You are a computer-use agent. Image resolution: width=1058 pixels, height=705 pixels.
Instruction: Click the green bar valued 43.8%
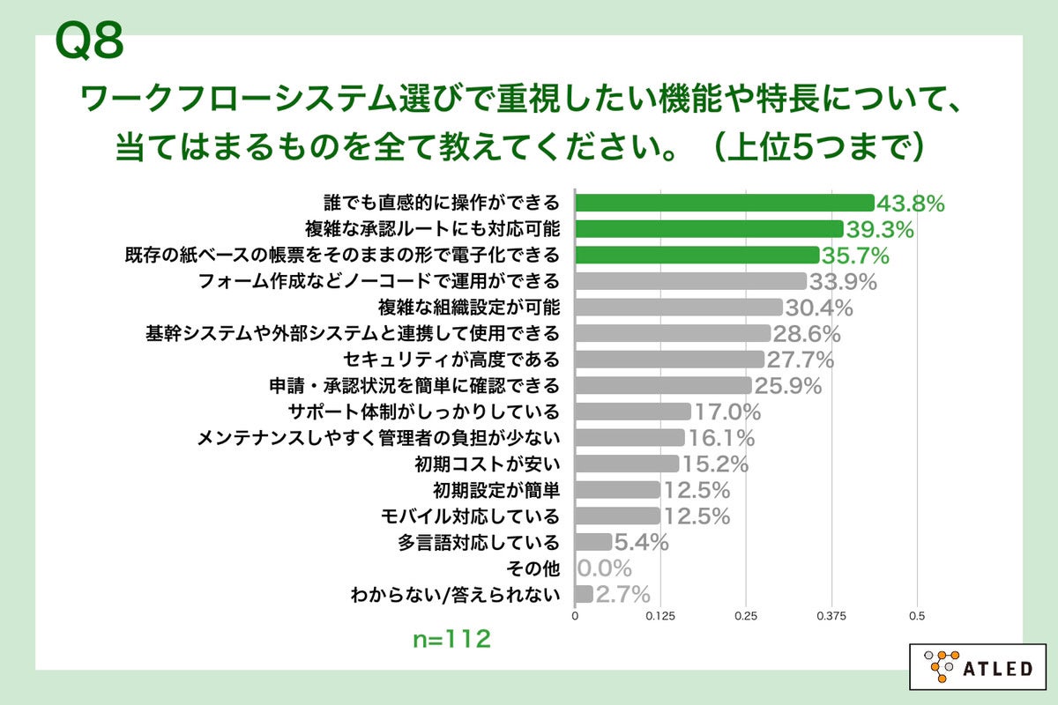[x=724, y=204]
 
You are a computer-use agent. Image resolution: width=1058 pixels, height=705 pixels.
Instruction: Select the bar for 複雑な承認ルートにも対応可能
[x=709, y=229]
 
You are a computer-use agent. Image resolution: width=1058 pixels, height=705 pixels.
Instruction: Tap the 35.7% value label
[x=855, y=256]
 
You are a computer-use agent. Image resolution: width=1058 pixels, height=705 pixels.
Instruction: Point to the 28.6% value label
[x=806, y=334]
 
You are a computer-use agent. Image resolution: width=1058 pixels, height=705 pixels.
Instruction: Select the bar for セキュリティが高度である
[x=669, y=360]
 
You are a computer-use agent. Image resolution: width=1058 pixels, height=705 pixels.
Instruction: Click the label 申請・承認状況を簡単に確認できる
[x=414, y=385]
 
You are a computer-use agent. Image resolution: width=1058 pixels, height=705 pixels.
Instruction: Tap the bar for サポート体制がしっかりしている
[x=633, y=412]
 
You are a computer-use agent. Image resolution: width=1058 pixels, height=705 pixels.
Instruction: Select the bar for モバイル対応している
[x=617, y=516]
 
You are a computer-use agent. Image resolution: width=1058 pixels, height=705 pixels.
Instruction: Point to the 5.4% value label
[x=641, y=542]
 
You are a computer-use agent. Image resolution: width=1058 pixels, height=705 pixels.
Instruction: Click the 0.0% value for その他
[x=605, y=568]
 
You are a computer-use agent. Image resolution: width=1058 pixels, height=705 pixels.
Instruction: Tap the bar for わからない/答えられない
[x=584, y=593]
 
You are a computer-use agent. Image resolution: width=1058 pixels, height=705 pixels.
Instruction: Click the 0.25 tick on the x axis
[x=746, y=616]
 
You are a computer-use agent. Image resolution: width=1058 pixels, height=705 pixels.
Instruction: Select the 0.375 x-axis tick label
[x=831, y=616]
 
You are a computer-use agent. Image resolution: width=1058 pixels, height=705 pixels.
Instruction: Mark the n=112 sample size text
[x=451, y=639]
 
